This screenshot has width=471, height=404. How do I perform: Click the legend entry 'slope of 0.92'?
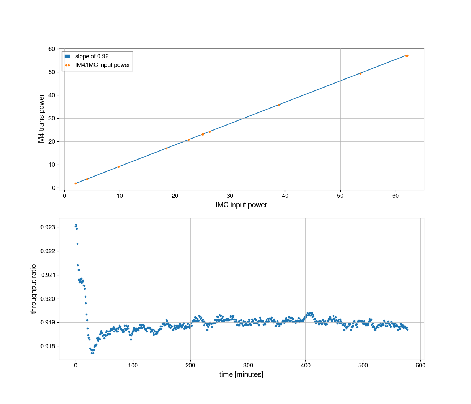92,56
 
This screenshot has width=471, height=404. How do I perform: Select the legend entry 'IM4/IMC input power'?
102,65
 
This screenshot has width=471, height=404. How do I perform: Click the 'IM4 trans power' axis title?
42,119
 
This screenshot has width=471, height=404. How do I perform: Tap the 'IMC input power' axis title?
241,205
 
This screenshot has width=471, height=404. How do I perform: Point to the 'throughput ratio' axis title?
34,289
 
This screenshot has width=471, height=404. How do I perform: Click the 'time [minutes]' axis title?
241,374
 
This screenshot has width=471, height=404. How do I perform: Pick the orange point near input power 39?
279,105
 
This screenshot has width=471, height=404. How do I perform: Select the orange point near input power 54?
360,73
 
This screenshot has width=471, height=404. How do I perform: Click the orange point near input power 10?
119,167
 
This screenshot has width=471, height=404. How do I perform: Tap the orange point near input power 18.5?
166,148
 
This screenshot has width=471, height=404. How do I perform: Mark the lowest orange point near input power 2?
76,183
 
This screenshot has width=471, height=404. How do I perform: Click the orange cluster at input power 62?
407,56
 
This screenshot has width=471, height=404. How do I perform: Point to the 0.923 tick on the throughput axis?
48,227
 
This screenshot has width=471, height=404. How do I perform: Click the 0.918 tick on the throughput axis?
48,346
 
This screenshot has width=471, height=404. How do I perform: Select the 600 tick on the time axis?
420,365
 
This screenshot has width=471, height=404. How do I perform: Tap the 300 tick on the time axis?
248,365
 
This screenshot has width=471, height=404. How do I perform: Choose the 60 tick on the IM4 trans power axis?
52,49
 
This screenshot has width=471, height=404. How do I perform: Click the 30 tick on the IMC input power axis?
230,196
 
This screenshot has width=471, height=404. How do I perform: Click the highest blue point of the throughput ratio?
76,225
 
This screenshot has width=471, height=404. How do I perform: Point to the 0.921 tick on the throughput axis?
48,275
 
